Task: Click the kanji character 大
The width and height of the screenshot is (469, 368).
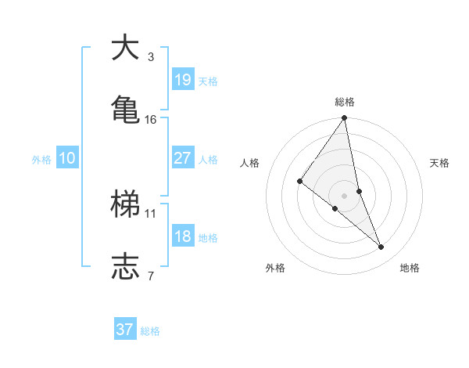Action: [x=124, y=48]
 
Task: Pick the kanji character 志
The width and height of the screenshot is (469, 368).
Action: [x=124, y=265]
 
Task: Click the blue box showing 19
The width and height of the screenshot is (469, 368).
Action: [x=182, y=79]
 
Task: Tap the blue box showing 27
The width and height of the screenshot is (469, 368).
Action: [x=182, y=158]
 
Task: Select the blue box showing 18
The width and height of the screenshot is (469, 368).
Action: [x=182, y=236]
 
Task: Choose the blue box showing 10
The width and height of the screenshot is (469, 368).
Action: [x=67, y=159]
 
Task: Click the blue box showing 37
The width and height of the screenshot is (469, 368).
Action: [x=124, y=330]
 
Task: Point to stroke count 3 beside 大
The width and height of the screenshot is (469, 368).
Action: [x=151, y=56]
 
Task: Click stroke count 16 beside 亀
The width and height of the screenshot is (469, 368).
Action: [x=151, y=119]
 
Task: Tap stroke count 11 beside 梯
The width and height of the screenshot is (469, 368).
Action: [x=151, y=213]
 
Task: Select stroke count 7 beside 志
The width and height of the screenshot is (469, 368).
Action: [x=151, y=275]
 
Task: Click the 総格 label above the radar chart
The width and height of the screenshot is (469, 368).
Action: [x=345, y=102]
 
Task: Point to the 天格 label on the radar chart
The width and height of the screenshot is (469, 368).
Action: [x=440, y=163]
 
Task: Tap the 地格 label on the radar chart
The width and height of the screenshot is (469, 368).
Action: [x=410, y=268]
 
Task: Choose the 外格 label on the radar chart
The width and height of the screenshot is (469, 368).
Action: [x=275, y=268]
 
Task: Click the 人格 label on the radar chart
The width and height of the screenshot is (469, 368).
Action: [x=250, y=163]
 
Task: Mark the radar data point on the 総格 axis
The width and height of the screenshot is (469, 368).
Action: [x=344, y=118]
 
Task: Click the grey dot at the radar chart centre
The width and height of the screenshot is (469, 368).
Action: [x=344, y=195]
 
